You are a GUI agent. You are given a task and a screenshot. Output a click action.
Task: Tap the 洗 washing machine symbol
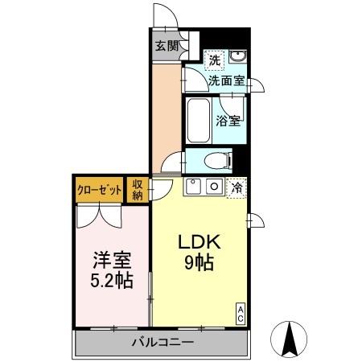point(214,59)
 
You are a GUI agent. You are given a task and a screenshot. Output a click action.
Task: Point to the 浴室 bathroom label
point(228,121)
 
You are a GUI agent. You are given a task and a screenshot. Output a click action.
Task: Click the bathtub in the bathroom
point(198,121)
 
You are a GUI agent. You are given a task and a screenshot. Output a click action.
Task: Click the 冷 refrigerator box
point(237,187)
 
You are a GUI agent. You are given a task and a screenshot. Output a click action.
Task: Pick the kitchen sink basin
point(215,187)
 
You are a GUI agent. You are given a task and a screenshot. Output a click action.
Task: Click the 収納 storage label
point(138,190)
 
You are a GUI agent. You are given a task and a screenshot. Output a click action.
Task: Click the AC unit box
point(240,314)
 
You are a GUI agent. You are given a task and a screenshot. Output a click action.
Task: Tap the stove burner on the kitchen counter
point(195,187)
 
